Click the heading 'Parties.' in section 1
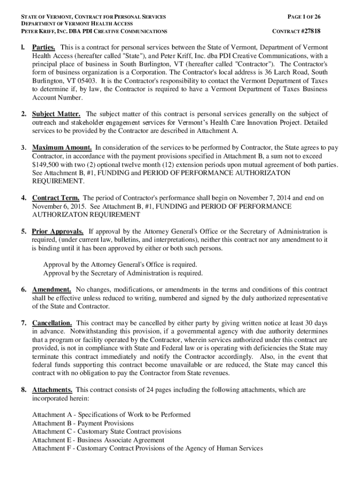[44, 48]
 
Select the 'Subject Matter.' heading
[56, 114]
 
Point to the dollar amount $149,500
[45, 165]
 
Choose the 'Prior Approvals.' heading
[58, 232]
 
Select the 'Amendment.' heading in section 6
[51, 290]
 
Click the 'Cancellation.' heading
[52, 323]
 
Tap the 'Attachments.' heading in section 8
[52, 390]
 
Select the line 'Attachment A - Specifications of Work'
[111, 415]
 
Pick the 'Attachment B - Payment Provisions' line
[83, 423]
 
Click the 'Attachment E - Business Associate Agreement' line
[98, 440]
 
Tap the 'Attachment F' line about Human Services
[147, 449]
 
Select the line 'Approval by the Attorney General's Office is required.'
[120, 265]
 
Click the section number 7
[23, 323]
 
